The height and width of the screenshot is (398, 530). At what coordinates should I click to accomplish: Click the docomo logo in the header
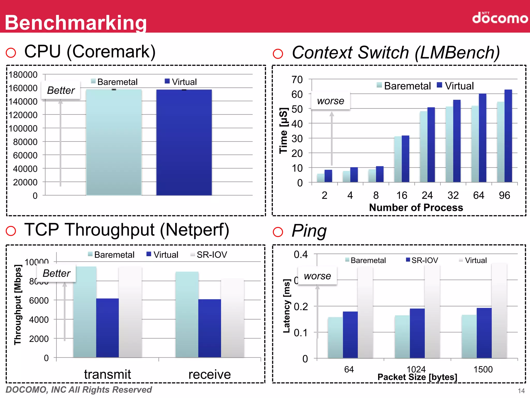pos(500,18)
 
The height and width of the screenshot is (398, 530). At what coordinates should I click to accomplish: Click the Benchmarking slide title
pos(76,23)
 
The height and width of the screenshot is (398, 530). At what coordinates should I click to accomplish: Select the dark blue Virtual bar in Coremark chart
pos(184,143)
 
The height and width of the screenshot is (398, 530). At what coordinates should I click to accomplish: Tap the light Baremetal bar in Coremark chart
pos(114,143)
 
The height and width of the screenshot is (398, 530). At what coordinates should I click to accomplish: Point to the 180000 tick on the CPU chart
pos(23,75)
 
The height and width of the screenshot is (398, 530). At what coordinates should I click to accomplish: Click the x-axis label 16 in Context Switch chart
pos(402,195)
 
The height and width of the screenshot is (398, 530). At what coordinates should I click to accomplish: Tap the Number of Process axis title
pos(416,208)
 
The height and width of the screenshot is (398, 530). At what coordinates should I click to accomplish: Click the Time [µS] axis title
pos(284,131)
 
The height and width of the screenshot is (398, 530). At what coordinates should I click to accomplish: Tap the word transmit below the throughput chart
pos(107,374)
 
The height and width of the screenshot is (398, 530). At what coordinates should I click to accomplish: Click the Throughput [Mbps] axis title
pos(18,305)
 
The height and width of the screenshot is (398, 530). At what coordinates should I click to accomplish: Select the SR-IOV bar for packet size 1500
pos(484,333)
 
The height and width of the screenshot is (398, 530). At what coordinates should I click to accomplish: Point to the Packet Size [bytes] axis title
pos(417,377)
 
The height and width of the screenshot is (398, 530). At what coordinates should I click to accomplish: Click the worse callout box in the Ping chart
pos(317,276)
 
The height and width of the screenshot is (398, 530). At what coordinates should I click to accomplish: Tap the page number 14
pos(521,391)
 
